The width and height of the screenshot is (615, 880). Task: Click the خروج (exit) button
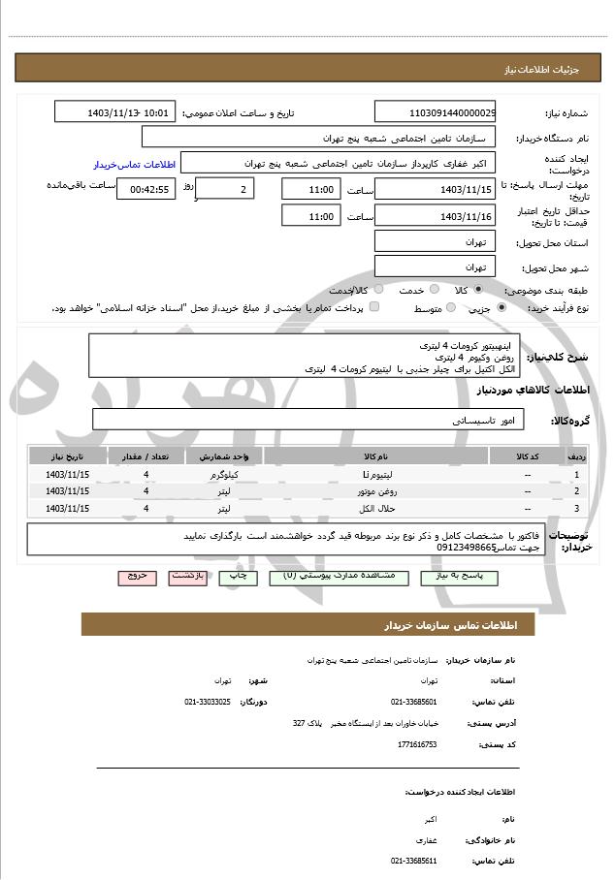point(137,576)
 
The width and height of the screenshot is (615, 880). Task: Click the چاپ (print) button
point(238,576)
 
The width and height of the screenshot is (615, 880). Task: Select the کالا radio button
point(479,290)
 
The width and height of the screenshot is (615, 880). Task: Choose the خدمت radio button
point(434,290)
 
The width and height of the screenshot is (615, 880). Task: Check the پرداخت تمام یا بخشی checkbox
point(374,308)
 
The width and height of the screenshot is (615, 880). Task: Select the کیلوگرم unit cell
point(224,475)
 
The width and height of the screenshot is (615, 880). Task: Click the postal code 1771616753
point(417,744)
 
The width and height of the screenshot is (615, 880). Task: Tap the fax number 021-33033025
point(208,701)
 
